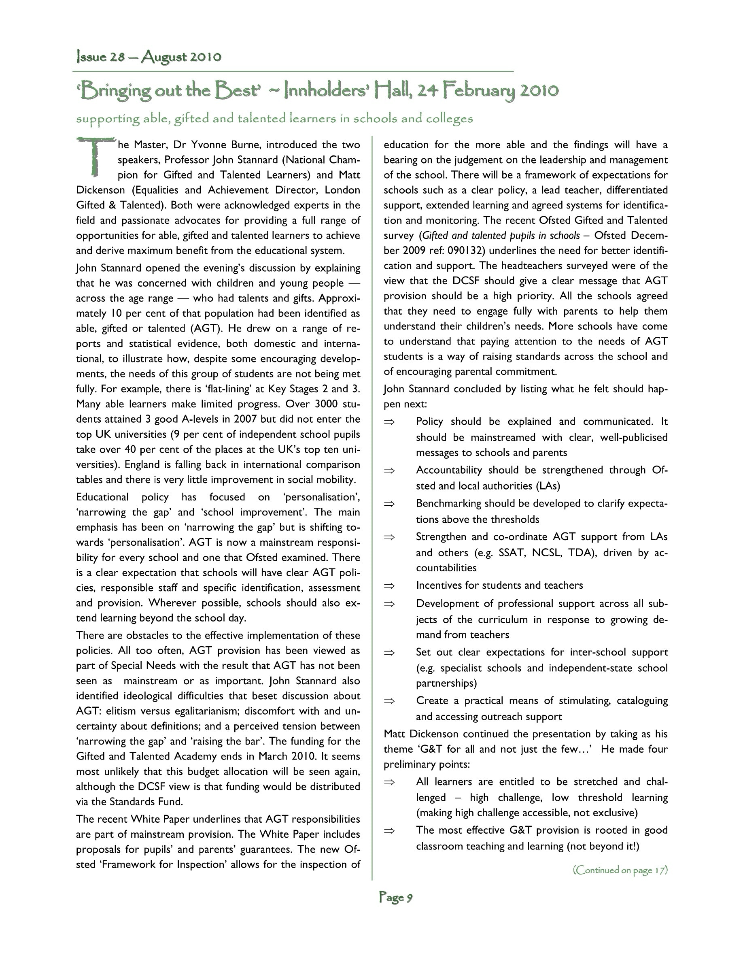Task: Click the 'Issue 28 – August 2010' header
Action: pyautogui.click(x=149, y=57)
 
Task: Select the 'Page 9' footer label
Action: pyautogui.click(x=395, y=897)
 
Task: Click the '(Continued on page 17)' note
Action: pyautogui.click(x=620, y=870)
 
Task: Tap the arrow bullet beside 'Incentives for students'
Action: pyautogui.click(x=389, y=586)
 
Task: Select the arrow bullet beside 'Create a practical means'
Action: pyautogui.click(x=389, y=701)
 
